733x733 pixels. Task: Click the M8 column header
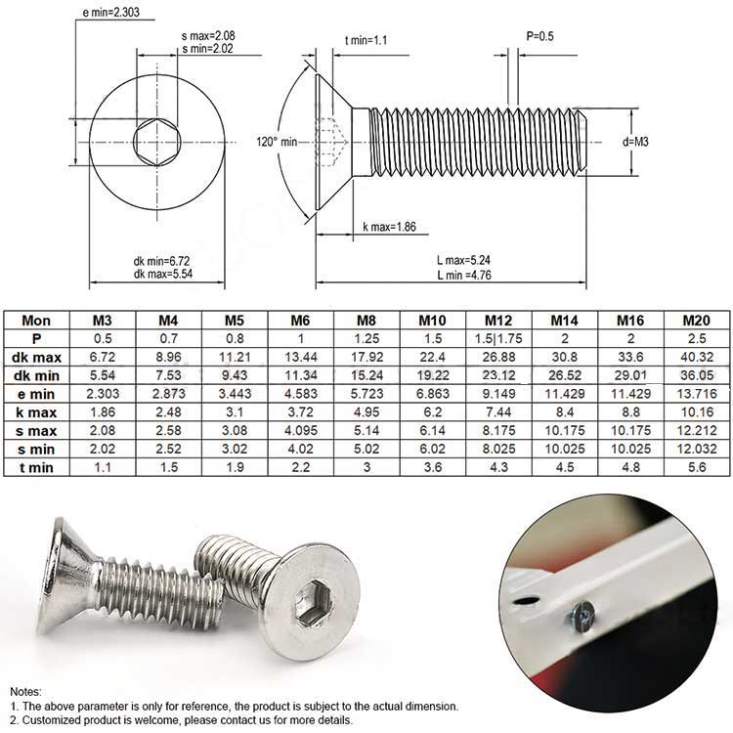366,320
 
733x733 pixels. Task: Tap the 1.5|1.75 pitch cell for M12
497,338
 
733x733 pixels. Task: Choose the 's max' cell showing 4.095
299,431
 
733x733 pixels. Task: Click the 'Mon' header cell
36,320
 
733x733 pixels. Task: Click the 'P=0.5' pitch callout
540,36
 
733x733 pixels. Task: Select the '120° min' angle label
277,141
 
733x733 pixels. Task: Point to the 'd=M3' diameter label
636,141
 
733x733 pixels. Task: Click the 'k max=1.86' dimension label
389,227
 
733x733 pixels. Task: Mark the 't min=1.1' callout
368,40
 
